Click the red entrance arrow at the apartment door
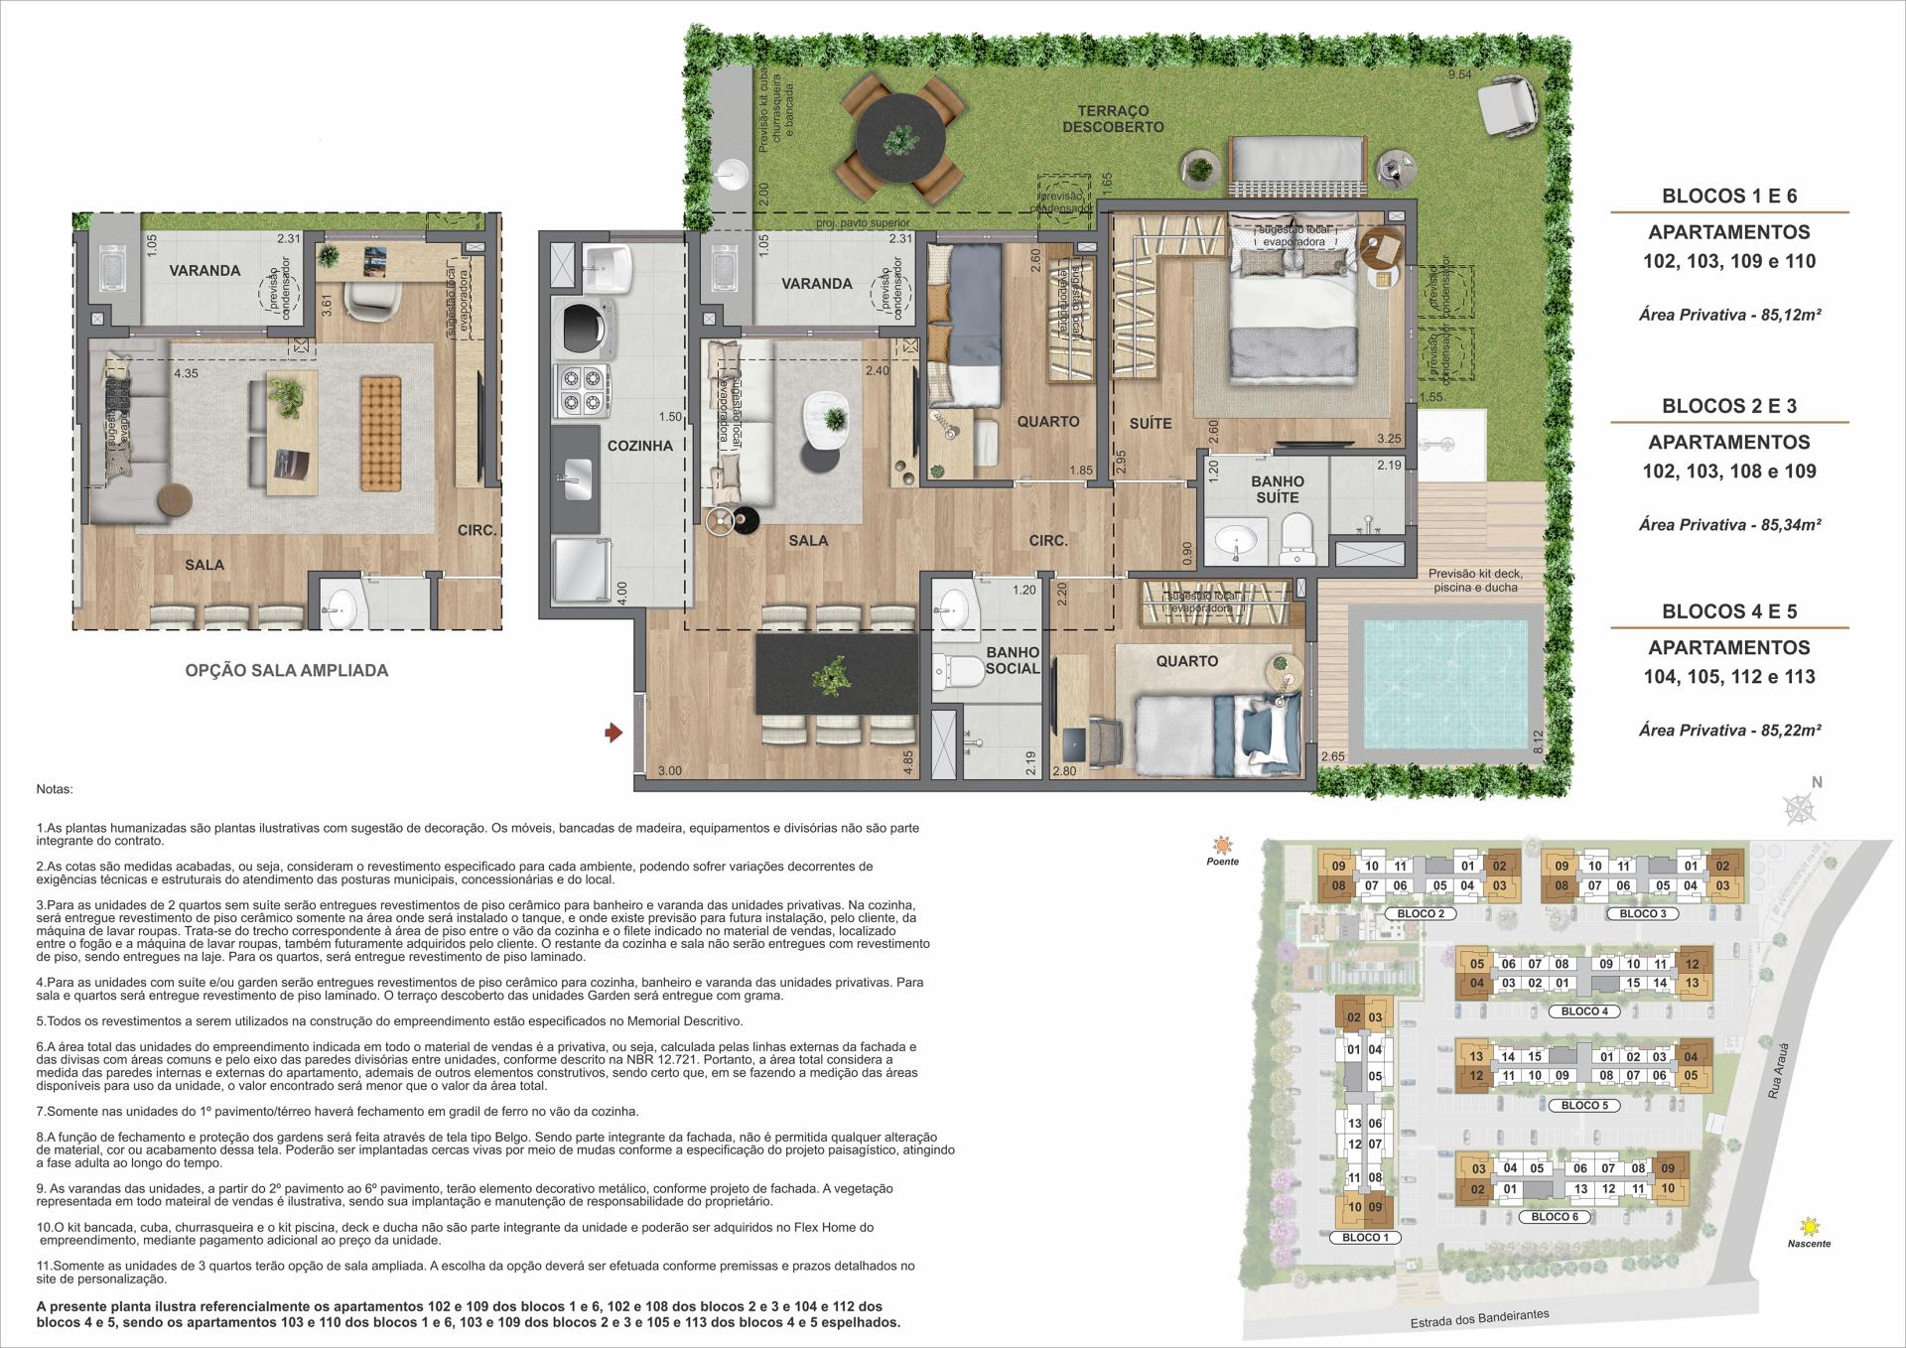[x=614, y=734]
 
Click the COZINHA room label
[x=640, y=446]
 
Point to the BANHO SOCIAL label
[x=1013, y=660]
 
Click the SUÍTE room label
[x=1151, y=424]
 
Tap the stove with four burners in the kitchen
[x=581, y=390]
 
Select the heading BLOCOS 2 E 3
[x=1729, y=405]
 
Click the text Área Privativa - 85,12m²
[x=1729, y=315]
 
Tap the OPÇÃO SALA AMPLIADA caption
[x=287, y=670]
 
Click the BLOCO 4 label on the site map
[x=1584, y=1011]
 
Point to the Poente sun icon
[x=1223, y=846]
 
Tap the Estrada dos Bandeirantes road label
[x=1479, y=1318]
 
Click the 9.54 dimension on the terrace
[x=1459, y=74]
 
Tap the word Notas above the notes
[x=55, y=790]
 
